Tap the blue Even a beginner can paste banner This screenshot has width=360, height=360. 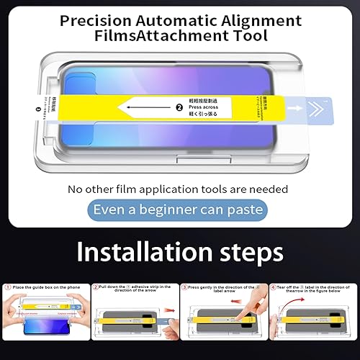pyautogui.click(x=180, y=210)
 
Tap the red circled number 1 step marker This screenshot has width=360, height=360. pyautogui.click(x=8, y=286)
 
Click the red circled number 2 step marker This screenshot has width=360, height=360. pyautogui.click(x=95, y=287)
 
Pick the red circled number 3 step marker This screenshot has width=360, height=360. pyautogui.click(x=184, y=287)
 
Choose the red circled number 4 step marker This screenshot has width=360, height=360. pyautogui.click(x=273, y=287)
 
